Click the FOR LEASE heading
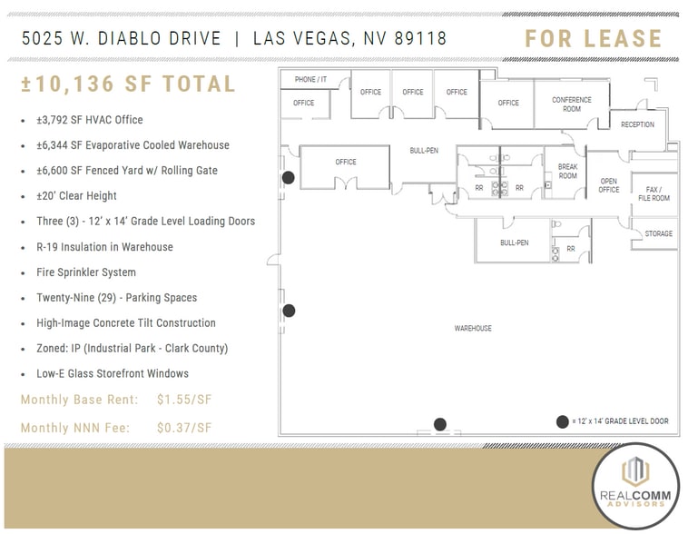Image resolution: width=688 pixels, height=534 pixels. click(594, 38)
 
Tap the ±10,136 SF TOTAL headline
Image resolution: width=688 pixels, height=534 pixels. click(128, 84)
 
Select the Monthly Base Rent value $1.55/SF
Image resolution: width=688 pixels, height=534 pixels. click(184, 400)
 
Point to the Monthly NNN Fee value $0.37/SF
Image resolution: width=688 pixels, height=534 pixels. click(184, 427)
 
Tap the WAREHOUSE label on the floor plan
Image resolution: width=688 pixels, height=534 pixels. click(473, 328)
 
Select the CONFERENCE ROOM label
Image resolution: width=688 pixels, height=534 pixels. click(571, 104)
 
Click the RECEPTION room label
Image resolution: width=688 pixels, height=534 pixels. click(637, 124)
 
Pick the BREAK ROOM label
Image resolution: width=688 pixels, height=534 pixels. click(567, 172)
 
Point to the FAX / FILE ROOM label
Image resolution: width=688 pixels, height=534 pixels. click(654, 194)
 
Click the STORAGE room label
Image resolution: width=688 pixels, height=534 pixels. click(658, 233)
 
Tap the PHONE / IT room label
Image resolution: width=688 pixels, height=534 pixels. click(310, 80)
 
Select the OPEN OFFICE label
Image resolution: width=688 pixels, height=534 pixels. click(608, 185)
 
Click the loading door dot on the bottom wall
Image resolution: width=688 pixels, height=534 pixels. click(440, 424)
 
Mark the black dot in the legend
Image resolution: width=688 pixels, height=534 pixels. click(562, 421)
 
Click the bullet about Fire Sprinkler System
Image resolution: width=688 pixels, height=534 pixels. click(86, 272)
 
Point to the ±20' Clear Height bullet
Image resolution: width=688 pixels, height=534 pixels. click(76, 196)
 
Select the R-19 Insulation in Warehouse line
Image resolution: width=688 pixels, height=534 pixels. click(104, 247)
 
